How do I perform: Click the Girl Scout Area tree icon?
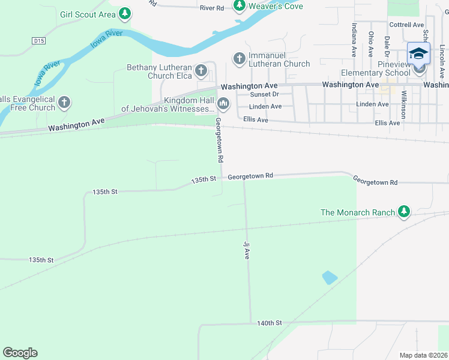124,13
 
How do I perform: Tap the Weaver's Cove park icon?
240,6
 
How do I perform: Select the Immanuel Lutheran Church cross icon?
239,58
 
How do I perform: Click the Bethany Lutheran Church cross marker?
201,71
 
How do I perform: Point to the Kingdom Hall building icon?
224,104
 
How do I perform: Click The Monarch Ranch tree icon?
404,211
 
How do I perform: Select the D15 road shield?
38,41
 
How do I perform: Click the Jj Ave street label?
246,250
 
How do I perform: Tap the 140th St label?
270,323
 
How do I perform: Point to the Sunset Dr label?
265,94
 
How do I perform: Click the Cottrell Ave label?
406,25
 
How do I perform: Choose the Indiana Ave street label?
353,39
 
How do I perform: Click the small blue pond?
330,277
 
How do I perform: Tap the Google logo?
20,353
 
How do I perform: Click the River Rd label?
212,8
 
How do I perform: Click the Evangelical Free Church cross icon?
64,103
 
